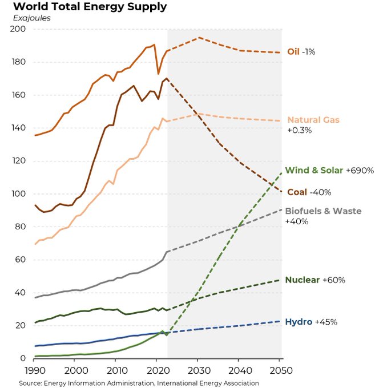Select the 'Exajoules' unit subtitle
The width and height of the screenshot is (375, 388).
point(32,18)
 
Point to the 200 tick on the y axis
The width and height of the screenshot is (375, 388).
point(19,29)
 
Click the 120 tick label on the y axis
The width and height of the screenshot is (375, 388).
point(19,161)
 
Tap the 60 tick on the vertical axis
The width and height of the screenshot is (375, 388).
point(22,260)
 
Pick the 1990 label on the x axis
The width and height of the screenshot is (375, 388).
point(35,370)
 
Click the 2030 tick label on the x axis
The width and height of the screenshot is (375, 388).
point(198,370)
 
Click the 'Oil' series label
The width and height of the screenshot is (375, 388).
point(293,51)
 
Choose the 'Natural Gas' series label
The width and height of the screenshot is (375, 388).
point(313,120)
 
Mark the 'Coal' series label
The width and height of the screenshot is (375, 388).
point(297,192)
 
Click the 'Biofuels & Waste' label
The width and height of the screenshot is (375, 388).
point(324,211)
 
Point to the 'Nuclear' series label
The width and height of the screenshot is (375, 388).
point(302,280)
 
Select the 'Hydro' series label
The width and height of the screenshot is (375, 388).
point(299,322)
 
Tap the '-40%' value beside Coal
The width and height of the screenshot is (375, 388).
point(320,192)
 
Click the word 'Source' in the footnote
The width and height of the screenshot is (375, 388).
point(31,383)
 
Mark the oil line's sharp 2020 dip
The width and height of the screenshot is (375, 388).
point(158,74)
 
